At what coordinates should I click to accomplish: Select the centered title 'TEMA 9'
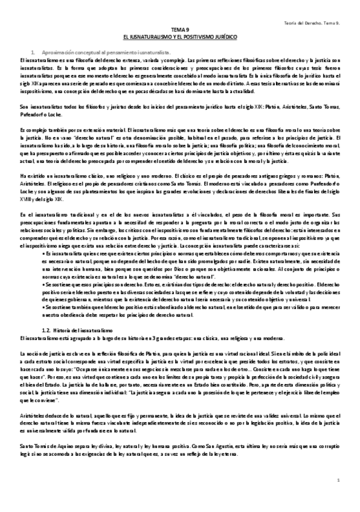pos(180,29)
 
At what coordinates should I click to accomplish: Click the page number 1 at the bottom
pos(339,480)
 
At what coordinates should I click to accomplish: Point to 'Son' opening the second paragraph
pos(24,105)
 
